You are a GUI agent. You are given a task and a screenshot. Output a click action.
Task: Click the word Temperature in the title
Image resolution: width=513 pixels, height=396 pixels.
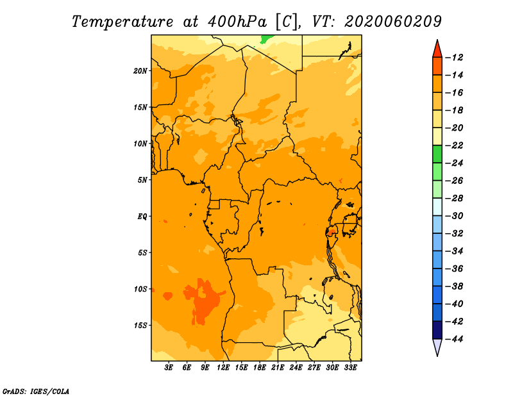pyautogui.click(x=122, y=22)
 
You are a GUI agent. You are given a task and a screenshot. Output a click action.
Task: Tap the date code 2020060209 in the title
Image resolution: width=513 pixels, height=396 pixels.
pyautogui.click(x=393, y=22)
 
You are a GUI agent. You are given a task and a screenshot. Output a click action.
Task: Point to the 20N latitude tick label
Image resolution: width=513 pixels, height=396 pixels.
pyautogui.click(x=140, y=70)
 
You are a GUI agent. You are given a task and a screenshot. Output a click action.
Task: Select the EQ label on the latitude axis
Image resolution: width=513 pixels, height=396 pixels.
pyautogui.click(x=142, y=217)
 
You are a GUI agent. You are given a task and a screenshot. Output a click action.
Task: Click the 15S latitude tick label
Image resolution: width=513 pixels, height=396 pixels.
pyautogui.click(x=140, y=326)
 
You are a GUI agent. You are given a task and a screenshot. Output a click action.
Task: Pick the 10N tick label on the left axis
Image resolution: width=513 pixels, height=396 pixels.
pyautogui.click(x=140, y=144)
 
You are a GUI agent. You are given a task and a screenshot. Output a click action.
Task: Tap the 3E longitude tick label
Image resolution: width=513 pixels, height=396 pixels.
pyautogui.click(x=169, y=367)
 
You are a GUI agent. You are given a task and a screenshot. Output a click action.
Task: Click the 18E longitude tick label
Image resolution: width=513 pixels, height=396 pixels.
pyautogui.click(x=260, y=367)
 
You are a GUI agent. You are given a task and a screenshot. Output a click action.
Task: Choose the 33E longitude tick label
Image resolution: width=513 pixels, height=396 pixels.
pyautogui.click(x=350, y=367)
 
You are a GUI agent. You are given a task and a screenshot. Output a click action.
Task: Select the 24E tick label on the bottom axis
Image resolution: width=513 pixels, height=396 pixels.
pyautogui.click(x=296, y=367)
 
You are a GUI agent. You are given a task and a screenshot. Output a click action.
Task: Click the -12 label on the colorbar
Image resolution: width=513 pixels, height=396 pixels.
pyautogui.click(x=455, y=58)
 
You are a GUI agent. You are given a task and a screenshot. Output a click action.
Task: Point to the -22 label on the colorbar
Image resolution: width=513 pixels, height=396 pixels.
pyautogui.click(x=455, y=145)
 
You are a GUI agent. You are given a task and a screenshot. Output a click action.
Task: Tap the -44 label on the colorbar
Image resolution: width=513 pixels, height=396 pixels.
pyautogui.click(x=455, y=339)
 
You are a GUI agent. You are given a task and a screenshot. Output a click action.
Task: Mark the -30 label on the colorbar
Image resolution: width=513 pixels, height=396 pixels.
pyautogui.click(x=455, y=216)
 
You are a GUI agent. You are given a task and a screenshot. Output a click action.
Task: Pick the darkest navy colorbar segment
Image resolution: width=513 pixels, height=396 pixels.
pyautogui.click(x=437, y=330)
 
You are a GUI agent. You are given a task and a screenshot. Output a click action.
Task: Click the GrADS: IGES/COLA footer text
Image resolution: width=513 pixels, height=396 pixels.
pyautogui.click(x=36, y=392)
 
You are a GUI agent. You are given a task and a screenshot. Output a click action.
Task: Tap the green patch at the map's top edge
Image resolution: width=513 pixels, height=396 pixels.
pyautogui.click(x=267, y=39)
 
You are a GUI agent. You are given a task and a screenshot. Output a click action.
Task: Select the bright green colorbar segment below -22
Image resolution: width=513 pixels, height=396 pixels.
pyautogui.click(x=437, y=154)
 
